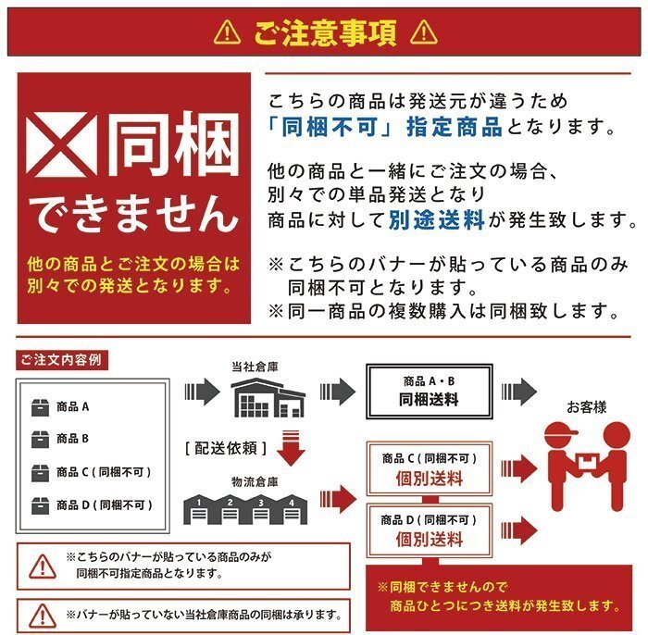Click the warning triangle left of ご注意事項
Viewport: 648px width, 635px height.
tap(227, 33)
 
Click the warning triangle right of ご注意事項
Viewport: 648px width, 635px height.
tap(422, 33)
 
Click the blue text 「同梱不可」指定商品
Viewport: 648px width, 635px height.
tap(384, 127)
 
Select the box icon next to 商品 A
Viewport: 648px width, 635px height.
tap(40, 406)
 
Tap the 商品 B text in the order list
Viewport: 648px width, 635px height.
tap(72, 439)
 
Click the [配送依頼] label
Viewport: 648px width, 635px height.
tap(227, 448)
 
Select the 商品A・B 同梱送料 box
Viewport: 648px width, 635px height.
tap(428, 392)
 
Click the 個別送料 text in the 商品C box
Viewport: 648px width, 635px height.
tap(429, 479)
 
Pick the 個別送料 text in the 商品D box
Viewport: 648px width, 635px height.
tap(429, 539)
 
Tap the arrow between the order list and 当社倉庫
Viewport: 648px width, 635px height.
tap(200, 392)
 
